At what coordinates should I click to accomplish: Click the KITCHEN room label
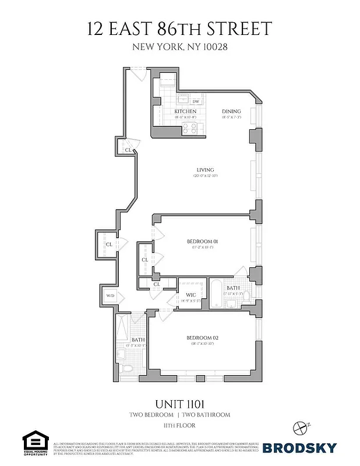pos(185,111)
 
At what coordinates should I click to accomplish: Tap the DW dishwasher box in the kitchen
pos(195,101)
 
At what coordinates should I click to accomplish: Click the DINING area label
pos(231,111)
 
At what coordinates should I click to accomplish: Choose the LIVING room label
pos(206,170)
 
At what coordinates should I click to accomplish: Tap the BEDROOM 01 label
pos(202,241)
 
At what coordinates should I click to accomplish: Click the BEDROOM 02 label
pos(202,338)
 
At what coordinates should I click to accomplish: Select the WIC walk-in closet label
pos(190,294)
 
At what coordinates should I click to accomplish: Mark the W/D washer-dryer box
pos(110,296)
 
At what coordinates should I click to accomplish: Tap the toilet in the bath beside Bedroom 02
pos(130,368)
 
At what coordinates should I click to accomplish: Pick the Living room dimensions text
pos(206,176)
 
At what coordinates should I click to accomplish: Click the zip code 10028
pos(213,47)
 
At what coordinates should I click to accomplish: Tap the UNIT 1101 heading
pos(180,404)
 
